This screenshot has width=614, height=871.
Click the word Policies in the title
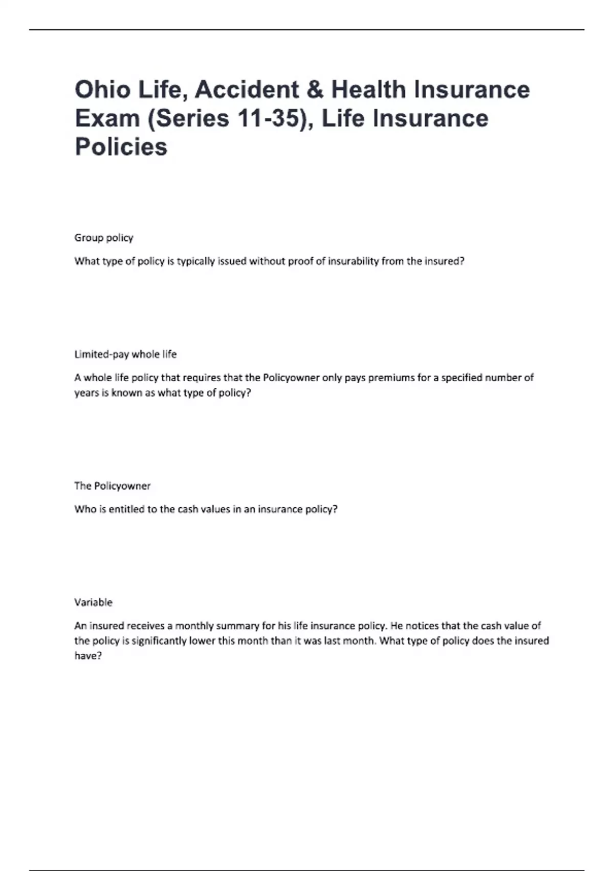pos(121,147)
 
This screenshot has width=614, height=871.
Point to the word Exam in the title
pos(107,118)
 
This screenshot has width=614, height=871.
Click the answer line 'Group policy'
pos(104,238)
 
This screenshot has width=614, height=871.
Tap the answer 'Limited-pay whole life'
pos(125,354)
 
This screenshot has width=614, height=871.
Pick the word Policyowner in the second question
pos(291,378)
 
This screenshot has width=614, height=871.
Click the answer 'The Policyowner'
pos(113,486)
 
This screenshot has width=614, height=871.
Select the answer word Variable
pos(93,603)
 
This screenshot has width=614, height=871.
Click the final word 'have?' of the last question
pos(88,656)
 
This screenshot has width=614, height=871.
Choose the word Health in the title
pos(368,90)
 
